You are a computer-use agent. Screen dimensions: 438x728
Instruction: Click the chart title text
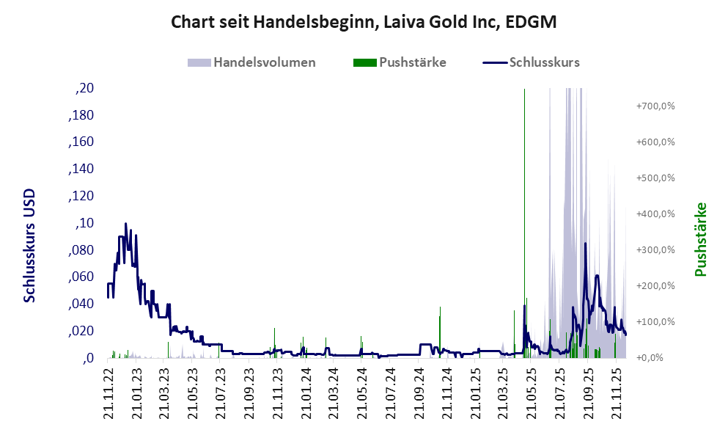click(364, 22)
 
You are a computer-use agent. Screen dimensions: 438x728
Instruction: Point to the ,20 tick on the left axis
click(85, 89)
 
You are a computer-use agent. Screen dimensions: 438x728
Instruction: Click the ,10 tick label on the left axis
click(85, 224)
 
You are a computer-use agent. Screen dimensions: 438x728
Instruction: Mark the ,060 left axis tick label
click(81, 277)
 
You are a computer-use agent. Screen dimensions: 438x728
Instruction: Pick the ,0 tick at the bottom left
click(89, 359)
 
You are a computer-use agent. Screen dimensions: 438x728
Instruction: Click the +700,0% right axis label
click(655, 106)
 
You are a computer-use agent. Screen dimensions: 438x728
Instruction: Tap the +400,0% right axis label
click(655, 214)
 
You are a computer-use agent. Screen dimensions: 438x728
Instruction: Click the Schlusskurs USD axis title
click(30, 246)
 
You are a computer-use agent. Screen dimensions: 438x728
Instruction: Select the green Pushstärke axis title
click(700, 239)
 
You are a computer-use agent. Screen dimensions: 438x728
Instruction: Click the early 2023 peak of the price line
click(125, 224)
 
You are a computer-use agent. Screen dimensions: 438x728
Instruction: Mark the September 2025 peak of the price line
click(585, 244)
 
